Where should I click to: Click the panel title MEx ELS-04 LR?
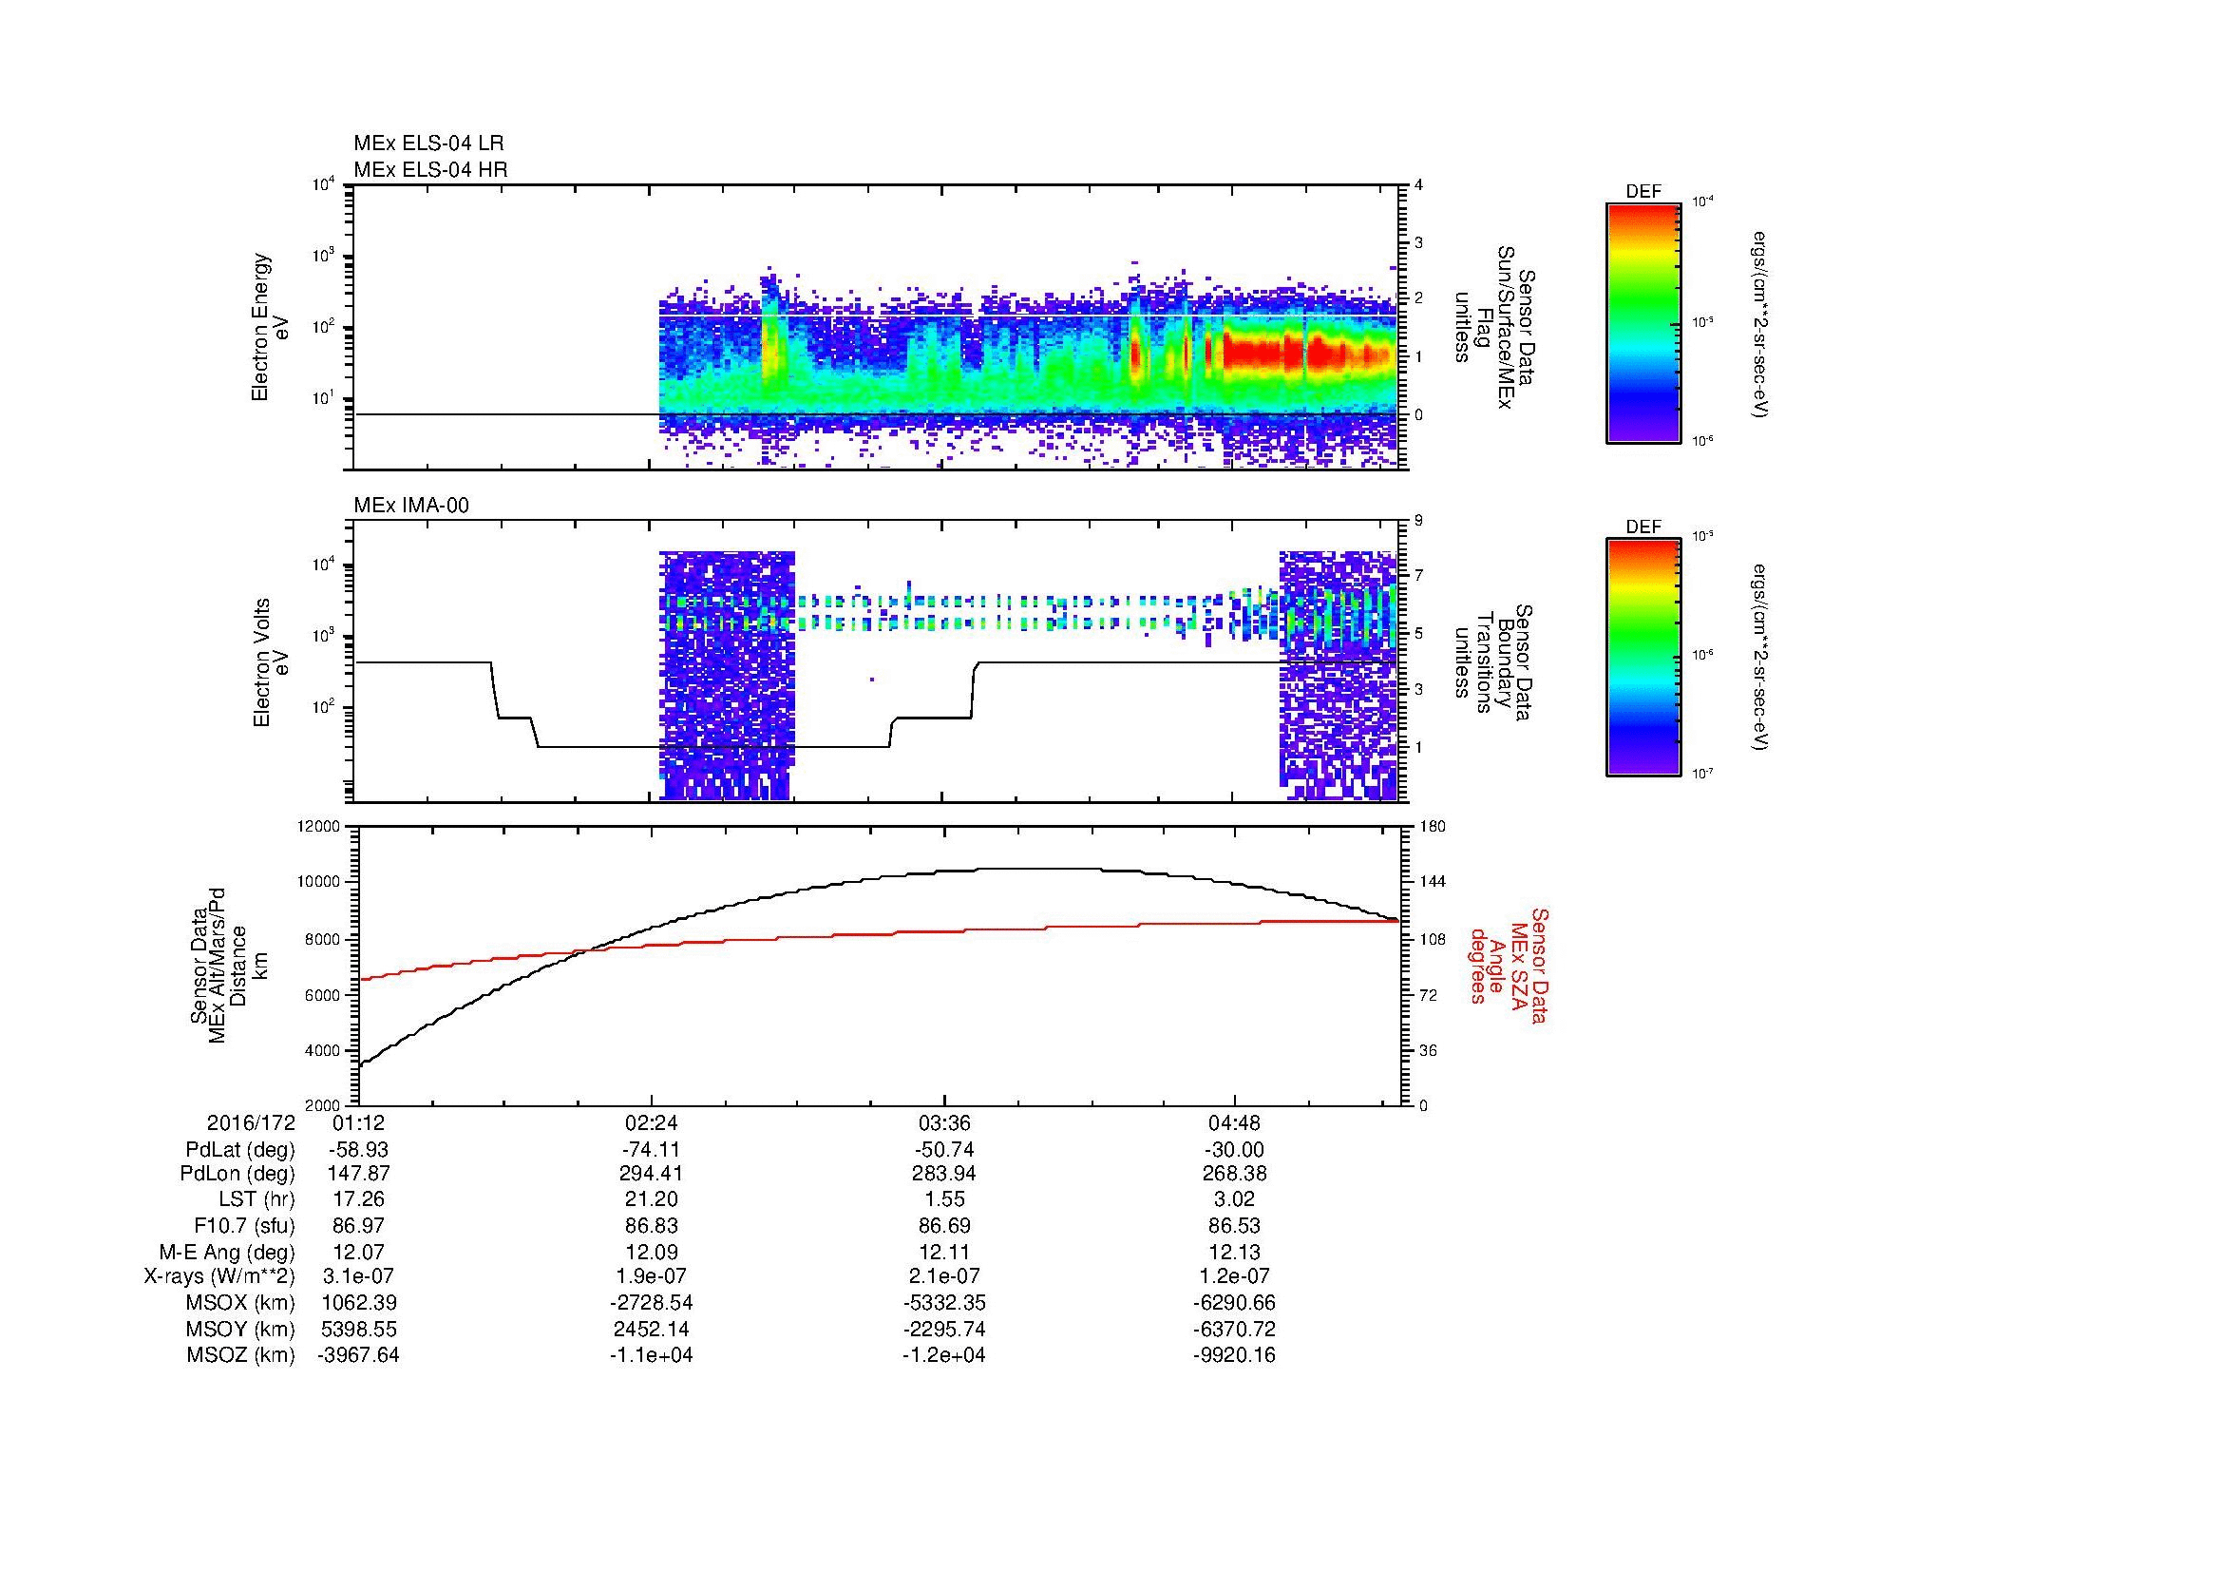pos(427,144)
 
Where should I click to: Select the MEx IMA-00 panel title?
pos(411,506)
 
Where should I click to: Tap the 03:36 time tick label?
pos(944,1122)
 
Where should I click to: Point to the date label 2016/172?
pos(251,1122)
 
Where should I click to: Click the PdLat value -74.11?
pos(652,1150)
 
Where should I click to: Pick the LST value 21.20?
pos(652,1200)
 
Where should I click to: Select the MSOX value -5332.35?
pos(944,1303)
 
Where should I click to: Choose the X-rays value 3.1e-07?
pos(359,1276)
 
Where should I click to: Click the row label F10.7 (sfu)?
pos(244,1225)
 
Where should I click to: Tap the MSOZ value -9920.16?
pos(1234,1355)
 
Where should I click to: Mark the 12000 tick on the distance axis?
pos(320,827)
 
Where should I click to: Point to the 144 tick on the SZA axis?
pos(1433,882)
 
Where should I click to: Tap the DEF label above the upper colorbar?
pos(1643,192)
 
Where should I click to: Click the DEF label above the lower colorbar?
pos(1643,527)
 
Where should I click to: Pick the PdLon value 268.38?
pos(1234,1174)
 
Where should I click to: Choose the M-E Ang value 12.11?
pos(944,1252)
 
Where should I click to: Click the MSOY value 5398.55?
pos(359,1329)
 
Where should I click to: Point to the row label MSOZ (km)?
pos(241,1355)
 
